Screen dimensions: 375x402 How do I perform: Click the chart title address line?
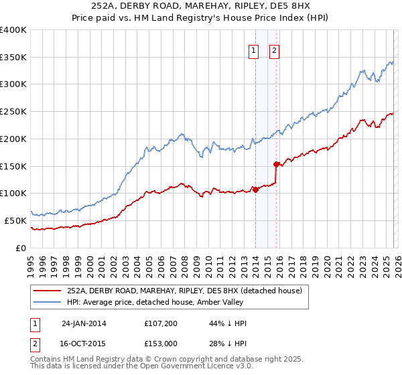pos(200,6)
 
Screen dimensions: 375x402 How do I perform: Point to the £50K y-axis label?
pos(15,220)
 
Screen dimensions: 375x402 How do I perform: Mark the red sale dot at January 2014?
pos(255,190)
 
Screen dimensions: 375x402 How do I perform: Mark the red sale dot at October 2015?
pos(276,164)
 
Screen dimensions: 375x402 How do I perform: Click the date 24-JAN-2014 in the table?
pos(84,323)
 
